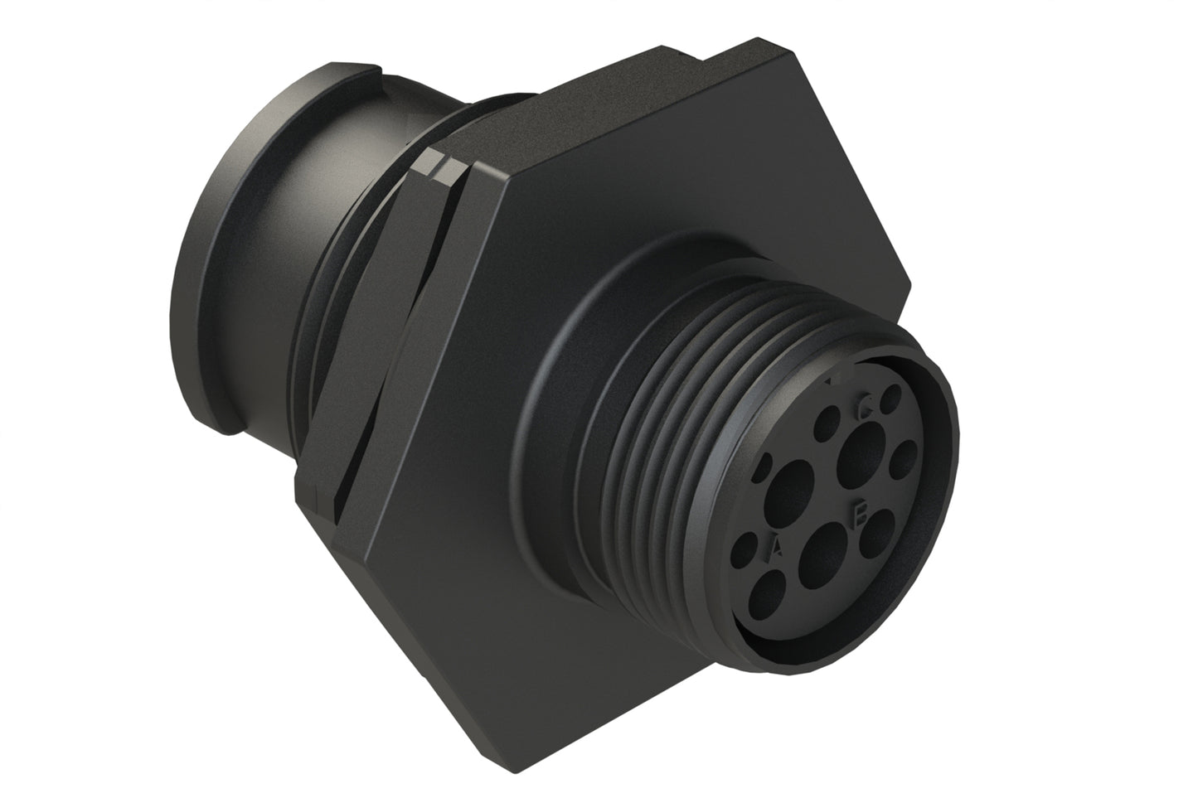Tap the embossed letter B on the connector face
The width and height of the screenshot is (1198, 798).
tap(860, 515)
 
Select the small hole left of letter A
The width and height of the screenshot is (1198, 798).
tap(749, 549)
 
